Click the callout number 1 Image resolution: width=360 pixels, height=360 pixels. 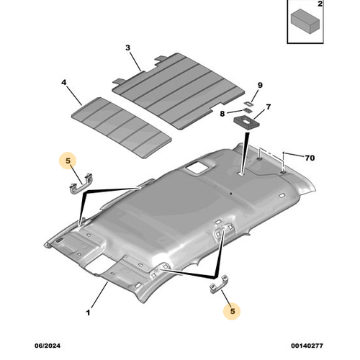pos(88,312)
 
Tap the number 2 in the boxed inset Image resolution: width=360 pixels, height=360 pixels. pos(320,4)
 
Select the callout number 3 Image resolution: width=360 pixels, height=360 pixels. pos(127,48)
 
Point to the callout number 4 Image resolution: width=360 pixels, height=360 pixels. pos(63,82)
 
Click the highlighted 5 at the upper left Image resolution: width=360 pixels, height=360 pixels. pos(68,161)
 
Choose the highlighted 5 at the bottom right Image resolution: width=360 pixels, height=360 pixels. pos(233,311)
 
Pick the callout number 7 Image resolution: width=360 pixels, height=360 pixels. pos(269,107)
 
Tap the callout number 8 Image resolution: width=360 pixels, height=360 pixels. pos(222,114)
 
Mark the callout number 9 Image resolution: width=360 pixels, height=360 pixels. pos(260,85)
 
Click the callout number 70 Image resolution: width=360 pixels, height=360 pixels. pos(310,158)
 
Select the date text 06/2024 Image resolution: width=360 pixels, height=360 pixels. pos(48,346)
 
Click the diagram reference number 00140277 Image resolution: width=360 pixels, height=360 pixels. pos(307,346)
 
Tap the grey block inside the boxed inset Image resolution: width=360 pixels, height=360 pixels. pos(305,21)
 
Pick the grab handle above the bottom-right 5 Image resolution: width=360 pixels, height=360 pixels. pos(219,284)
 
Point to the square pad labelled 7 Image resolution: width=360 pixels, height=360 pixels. pos(246,122)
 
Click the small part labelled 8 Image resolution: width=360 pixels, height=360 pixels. pos(246,111)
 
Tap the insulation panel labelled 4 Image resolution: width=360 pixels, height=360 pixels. pos(122,127)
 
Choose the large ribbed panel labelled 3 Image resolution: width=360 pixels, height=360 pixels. pos(179,91)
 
